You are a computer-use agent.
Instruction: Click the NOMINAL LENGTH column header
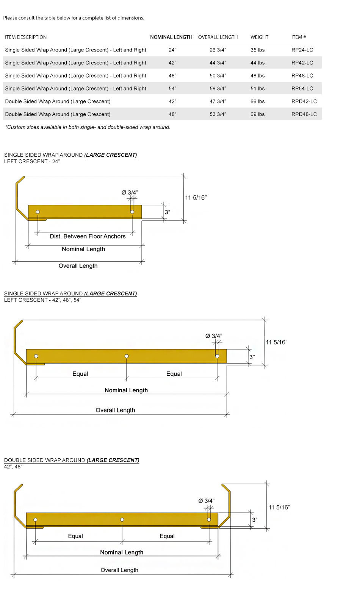point(171,37)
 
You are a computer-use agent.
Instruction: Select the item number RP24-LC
point(302,50)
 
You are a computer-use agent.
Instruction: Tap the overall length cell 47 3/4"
point(218,101)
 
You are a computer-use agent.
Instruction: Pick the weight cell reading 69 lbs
point(257,114)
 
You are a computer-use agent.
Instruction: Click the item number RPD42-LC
point(304,101)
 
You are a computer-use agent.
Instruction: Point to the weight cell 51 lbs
point(257,89)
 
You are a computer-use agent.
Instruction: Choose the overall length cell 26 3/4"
point(218,50)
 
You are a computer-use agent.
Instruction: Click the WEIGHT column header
point(259,37)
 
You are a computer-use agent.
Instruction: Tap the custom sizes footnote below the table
point(88,127)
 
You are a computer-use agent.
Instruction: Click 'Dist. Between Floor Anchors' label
point(88,236)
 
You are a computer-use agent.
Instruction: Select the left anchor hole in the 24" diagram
point(38,212)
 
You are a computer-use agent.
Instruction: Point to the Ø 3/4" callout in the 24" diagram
point(130,192)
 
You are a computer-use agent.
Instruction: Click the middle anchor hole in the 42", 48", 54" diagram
point(127,356)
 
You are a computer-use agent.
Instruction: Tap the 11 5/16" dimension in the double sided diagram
point(279,507)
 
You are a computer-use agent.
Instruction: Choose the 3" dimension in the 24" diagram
point(167,212)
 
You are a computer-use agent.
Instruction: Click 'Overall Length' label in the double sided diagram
point(119,570)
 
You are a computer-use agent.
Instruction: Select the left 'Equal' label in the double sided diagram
point(75,536)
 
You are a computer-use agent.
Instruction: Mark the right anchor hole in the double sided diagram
point(209,520)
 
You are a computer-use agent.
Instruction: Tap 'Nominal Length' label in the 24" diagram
point(83,249)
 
